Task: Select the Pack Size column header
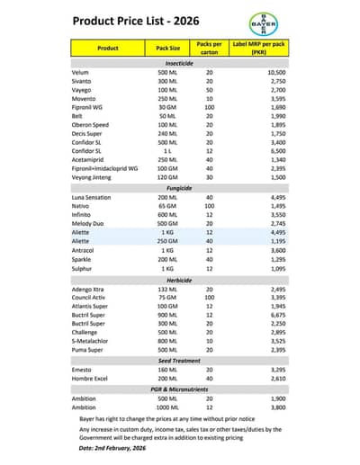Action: pyautogui.click(x=167, y=48)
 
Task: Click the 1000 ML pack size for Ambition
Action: pyautogui.click(x=167, y=407)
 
